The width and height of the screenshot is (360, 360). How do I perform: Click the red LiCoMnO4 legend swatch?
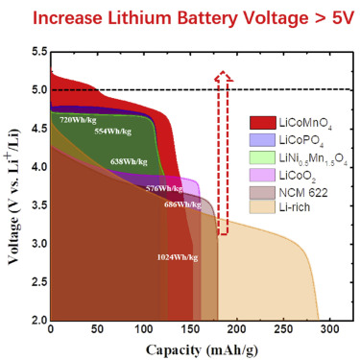point(262,123)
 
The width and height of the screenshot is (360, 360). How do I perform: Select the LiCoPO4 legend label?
point(301,140)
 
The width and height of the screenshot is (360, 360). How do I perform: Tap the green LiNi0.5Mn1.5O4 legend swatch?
point(262,157)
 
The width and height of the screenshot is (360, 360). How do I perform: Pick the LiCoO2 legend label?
point(298,176)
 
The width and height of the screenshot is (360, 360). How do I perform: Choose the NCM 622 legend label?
point(303,193)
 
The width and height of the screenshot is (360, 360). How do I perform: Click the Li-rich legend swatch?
point(262,207)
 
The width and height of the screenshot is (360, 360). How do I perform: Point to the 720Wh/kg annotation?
point(78,120)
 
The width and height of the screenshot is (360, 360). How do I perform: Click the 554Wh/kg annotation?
point(112,131)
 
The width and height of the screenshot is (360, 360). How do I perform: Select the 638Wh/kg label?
point(129,161)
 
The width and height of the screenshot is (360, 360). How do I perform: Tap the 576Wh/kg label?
point(164,188)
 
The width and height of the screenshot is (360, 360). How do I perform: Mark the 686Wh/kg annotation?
point(182,204)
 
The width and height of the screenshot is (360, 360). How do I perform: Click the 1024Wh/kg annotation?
point(178,257)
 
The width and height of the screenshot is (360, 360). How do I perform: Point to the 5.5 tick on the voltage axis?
point(39,52)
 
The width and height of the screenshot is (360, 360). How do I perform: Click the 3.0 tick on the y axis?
point(39,244)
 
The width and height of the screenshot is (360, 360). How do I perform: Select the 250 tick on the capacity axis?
point(283,329)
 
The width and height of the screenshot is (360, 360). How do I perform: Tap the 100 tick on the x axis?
point(144,329)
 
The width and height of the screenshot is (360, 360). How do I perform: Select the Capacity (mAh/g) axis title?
point(202,350)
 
